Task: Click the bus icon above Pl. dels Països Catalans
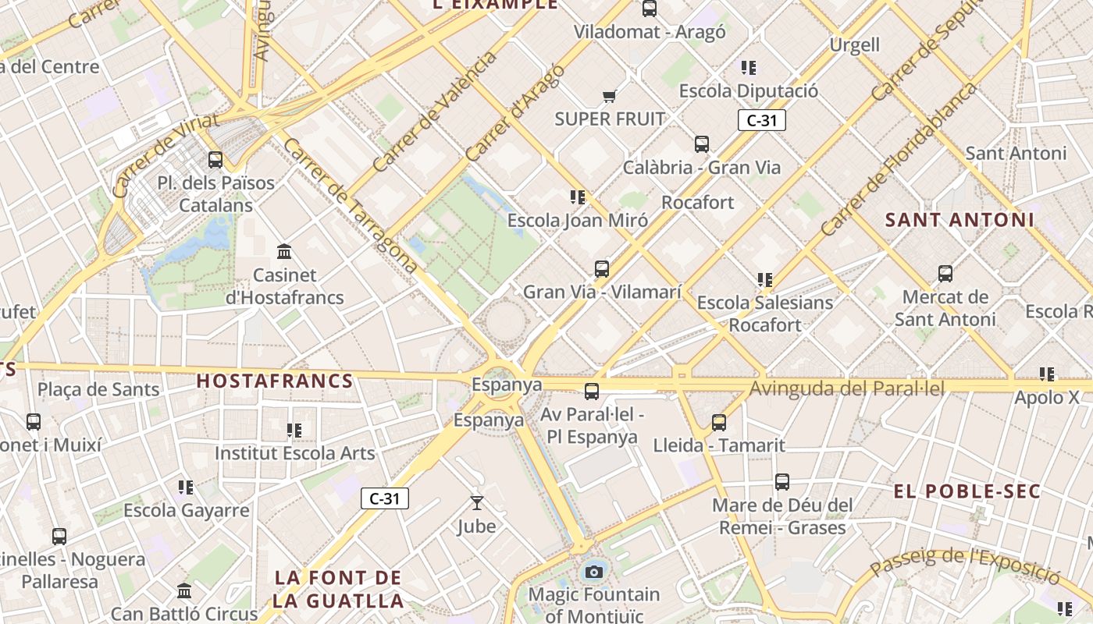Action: point(215,160)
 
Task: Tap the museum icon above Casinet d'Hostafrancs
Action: point(284,252)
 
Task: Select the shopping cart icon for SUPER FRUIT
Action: point(609,96)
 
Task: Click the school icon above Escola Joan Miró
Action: point(577,197)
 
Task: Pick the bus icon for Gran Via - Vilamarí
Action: point(601,269)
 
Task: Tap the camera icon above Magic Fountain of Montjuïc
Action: point(593,572)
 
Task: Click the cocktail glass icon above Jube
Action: point(476,503)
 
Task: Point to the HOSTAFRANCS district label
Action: point(275,381)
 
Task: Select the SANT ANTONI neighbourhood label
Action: point(959,220)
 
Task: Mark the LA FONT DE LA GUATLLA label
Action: point(339,590)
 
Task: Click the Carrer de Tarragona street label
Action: point(351,206)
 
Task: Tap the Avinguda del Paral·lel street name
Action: point(847,388)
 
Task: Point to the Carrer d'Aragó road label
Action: point(514,113)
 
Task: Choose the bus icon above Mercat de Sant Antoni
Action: point(945,274)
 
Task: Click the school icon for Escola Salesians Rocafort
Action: point(764,279)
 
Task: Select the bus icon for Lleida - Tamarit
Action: point(718,423)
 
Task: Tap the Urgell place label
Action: point(854,45)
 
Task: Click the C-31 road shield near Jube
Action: point(385,498)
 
